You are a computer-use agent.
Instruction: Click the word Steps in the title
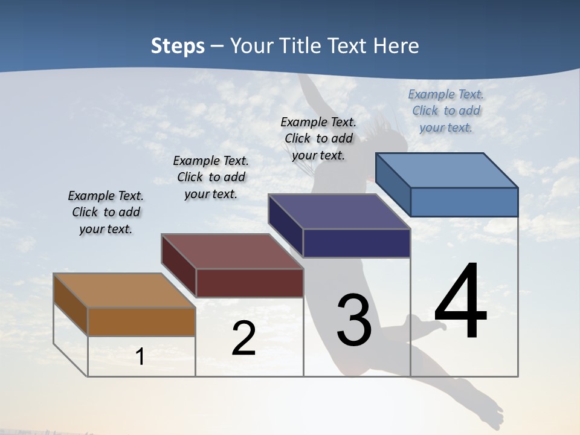(178, 46)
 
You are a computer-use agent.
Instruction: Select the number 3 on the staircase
(354, 320)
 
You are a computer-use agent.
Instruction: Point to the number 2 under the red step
(243, 338)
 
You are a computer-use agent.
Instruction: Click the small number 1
(140, 356)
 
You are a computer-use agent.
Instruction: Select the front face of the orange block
(141, 321)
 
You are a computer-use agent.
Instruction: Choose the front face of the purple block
(356, 243)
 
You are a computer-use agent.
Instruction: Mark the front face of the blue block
(464, 202)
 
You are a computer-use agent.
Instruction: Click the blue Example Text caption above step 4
(446, 111)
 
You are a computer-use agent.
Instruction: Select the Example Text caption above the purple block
(318, 138)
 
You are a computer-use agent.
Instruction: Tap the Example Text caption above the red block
(211, 177)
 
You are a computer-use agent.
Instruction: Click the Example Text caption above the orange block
(106, 212)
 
